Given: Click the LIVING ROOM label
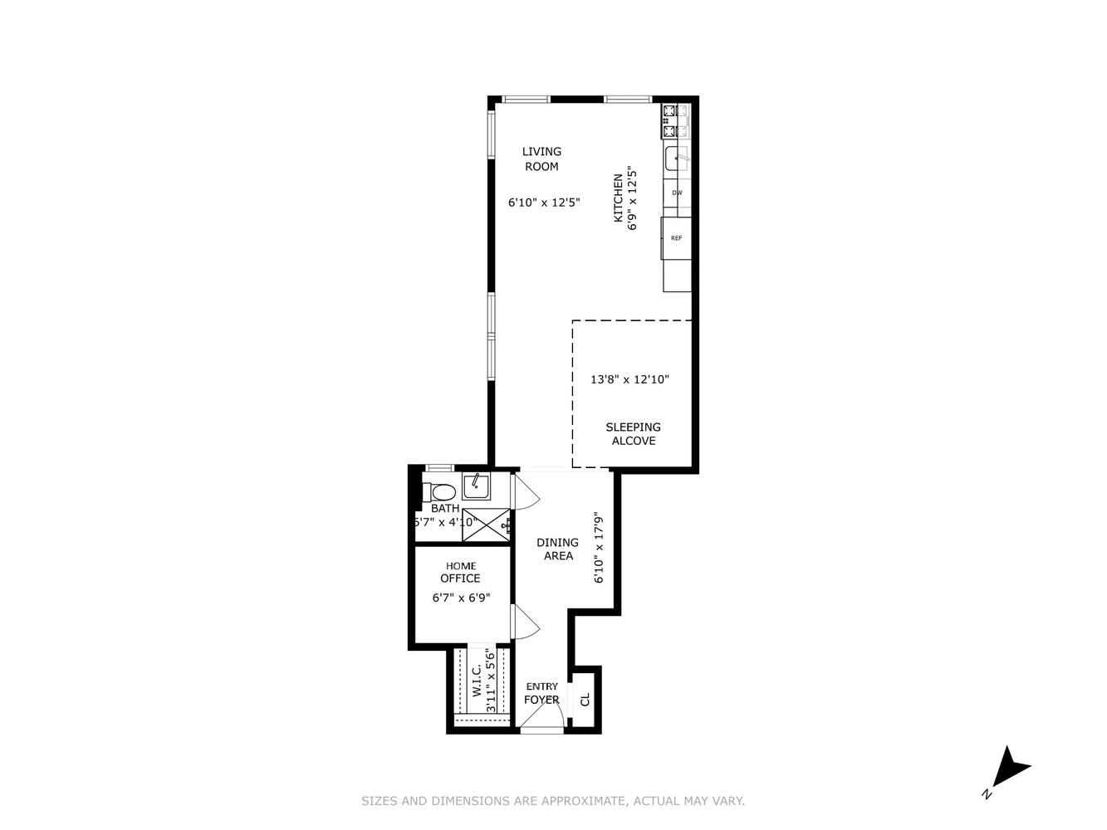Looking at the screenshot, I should (541, 159).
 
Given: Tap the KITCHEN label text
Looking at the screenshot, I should (618, 198).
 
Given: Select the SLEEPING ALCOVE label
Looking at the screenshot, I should (633, 434).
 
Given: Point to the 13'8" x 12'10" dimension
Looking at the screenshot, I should (629, 379).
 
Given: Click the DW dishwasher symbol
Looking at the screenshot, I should (677, 193).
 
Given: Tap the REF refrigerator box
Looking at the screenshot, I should (677, 238).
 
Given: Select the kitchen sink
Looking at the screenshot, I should (676, 158).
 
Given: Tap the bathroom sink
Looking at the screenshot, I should (476, 486).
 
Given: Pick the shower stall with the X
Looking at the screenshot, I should (485, 524).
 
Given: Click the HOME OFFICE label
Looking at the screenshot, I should (460, 572).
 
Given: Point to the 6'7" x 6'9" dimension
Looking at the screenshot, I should (461, 597).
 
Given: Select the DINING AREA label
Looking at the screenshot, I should (557, 549).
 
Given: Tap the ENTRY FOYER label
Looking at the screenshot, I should (541, 693).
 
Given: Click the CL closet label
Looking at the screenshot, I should (585, 700).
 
